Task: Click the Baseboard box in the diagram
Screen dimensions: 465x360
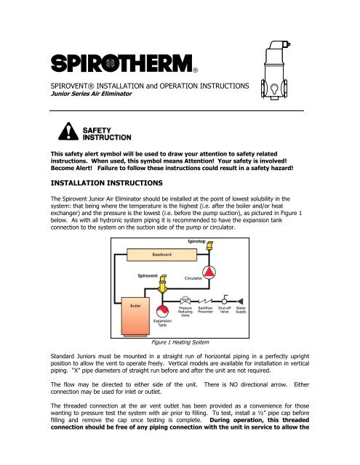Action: coord(161,255)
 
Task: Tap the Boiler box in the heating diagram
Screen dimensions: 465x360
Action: coord(135,307)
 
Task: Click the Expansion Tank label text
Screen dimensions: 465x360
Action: coord(163,323)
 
